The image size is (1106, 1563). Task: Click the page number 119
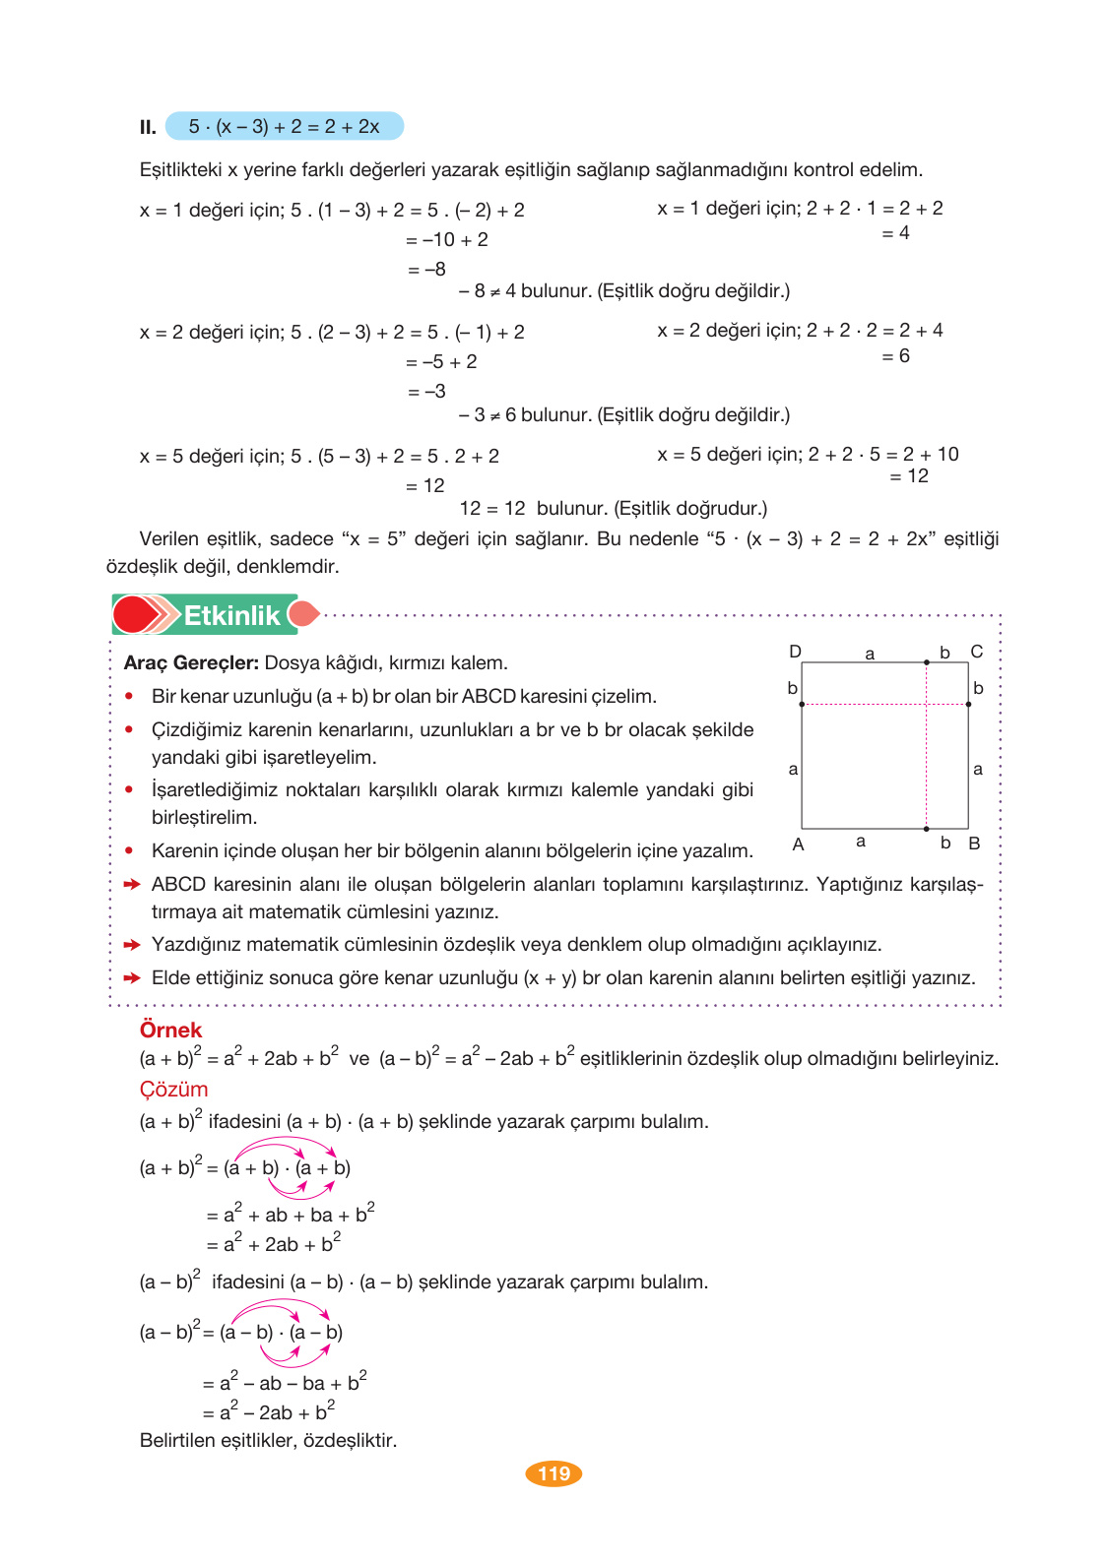[553, 1473]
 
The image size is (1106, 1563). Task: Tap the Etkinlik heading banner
[230, 615]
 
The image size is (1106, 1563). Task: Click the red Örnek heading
[170, 1030]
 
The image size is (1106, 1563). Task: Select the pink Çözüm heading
[173, 1090]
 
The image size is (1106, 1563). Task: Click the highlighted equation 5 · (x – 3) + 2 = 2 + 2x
[284, 126]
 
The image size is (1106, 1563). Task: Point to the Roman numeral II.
[148, 127]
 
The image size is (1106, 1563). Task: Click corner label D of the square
[795, 652]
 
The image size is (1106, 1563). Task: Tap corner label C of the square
[976, 652]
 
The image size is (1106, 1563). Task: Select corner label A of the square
[798, 844]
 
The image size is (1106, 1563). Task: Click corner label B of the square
[974, 844]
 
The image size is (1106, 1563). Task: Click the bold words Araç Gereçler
[191, 662]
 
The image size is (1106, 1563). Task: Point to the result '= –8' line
[426, 269]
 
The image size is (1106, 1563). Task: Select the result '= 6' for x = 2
[895, 355]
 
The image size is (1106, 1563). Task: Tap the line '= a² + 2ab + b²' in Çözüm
[274, 1243]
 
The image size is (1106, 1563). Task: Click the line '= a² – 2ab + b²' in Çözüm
[269, 1411]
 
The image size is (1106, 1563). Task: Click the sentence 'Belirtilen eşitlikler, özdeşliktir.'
[268, 1440]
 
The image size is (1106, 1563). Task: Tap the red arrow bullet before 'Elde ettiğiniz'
[132, 978]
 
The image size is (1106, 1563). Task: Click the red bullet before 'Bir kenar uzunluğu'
[129, 696]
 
